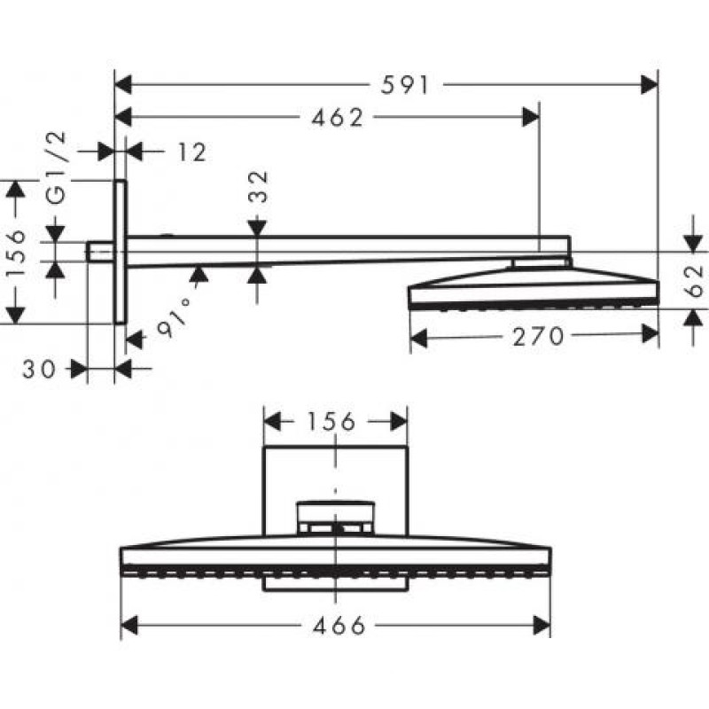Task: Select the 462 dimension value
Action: click(x=336, y=118)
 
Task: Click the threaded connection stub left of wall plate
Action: click(x=100, y=252)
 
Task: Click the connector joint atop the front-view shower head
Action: click(x=336, y=518)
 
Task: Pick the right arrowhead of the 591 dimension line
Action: click(x=651, y=86)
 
